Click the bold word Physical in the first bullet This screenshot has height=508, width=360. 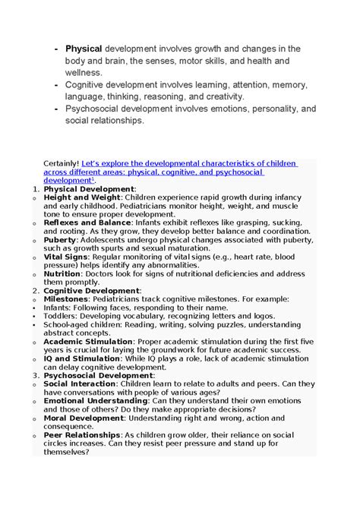(84, 49)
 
